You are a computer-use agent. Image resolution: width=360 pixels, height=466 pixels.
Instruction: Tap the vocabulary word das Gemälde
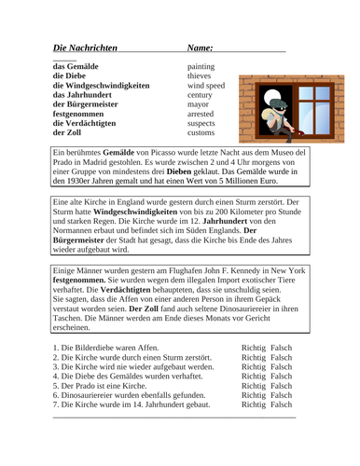(80, 67)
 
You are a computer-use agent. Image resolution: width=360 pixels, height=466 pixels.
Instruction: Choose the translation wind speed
(208, 86)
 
